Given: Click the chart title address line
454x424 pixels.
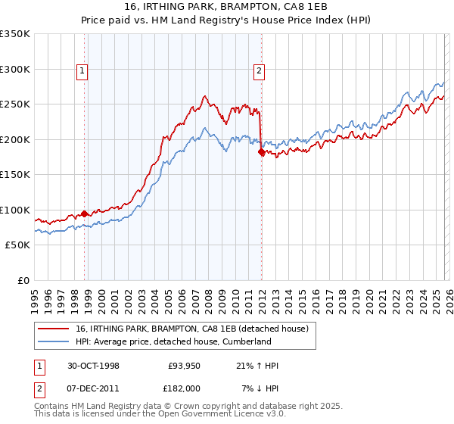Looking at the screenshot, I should (227, 6).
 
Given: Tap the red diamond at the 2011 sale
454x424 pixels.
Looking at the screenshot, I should (261, 152).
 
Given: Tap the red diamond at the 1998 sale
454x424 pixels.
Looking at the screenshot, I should (84, 214).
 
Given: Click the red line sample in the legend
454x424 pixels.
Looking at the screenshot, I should (54, 329).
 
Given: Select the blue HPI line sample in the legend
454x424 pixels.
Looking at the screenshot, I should (54, 342).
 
